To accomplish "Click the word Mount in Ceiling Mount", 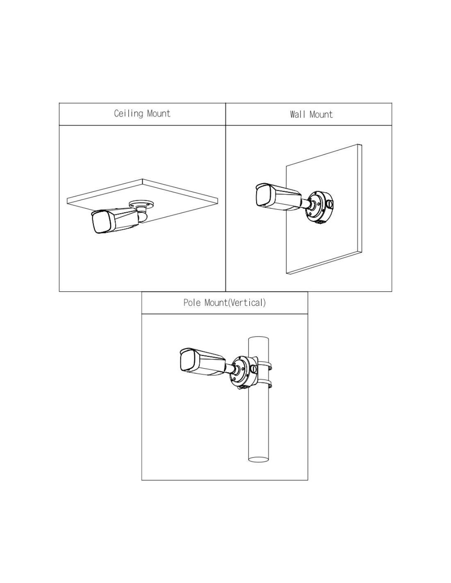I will point(158,114).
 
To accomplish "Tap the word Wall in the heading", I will point(298,114).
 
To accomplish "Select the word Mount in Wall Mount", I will point(321,114).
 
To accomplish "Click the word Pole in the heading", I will point(192,303).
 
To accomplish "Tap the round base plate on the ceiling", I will point(141,203).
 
